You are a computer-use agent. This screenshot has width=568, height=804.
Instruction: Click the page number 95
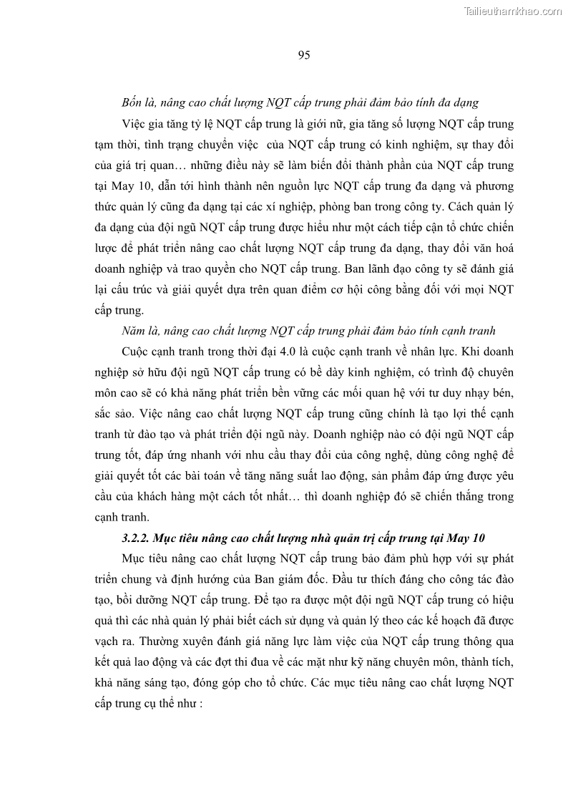(303, 55)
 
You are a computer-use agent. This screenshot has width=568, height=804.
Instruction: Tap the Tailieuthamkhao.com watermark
(513, 11)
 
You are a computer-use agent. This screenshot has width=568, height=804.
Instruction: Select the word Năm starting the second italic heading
(134, 331)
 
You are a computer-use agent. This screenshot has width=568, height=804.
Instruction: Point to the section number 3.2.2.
(143, 537)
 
